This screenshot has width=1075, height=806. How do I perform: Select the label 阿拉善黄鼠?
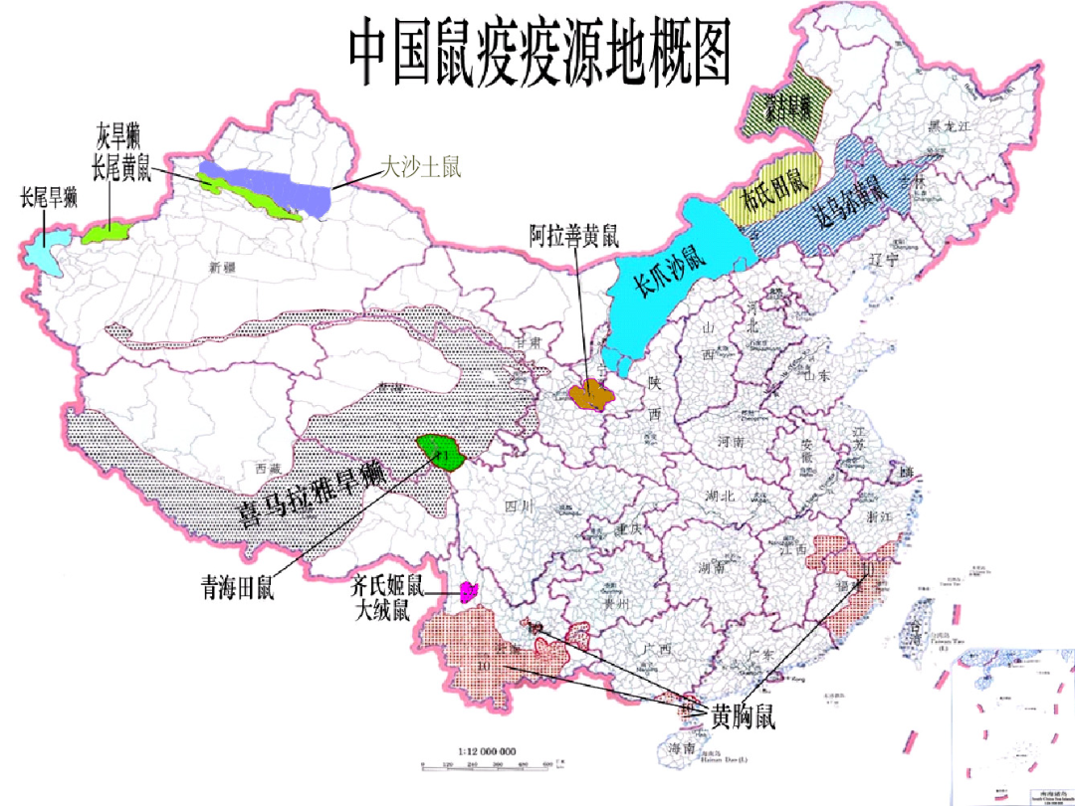pyautogui.click(x=574, y=237)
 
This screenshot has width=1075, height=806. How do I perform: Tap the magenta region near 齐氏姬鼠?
pyautogui.click(x=470, y=593)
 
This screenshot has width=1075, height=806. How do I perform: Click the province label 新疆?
pyautogui.click(x=220, y=267)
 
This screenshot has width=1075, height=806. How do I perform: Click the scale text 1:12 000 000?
pyautogui.click(x=486, y=751)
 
